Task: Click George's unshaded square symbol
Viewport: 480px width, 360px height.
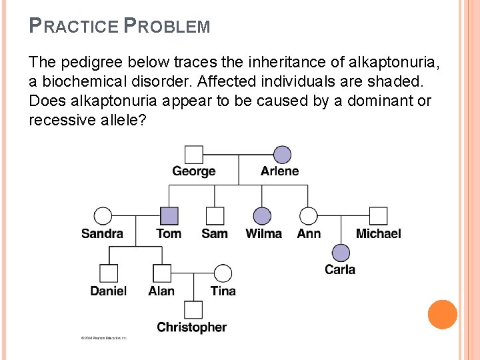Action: [x=193, y=155]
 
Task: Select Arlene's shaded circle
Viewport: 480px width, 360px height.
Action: [x=282, y=155]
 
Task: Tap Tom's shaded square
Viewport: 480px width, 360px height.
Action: [x=169, y=216]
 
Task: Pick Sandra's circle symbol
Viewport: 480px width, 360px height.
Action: [x=103, y=216]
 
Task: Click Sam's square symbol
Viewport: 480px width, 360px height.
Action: [x=215, y=216]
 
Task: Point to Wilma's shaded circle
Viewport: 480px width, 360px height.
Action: [x=263, y=216]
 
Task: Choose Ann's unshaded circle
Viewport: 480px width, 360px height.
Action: [x=308, y=216]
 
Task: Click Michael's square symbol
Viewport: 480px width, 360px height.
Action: [x=378, y=216]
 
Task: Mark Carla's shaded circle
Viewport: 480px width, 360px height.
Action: [x=341, y=253]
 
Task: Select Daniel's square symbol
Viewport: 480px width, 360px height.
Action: [x=109, y=273]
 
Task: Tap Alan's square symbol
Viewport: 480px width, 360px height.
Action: [x=161, y=273]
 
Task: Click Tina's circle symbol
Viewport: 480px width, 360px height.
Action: [x=223, y=273]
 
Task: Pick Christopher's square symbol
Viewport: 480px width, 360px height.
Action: [x=193, y=310]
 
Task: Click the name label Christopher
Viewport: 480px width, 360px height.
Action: [x=192, y=327]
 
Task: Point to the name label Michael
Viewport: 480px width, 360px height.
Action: [x=378, y=233]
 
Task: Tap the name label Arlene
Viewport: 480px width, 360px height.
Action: [x=280, y=171]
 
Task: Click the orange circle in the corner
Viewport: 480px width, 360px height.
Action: [x=443, y=315]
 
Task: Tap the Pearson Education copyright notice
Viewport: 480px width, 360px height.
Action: [x=104, y=339]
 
